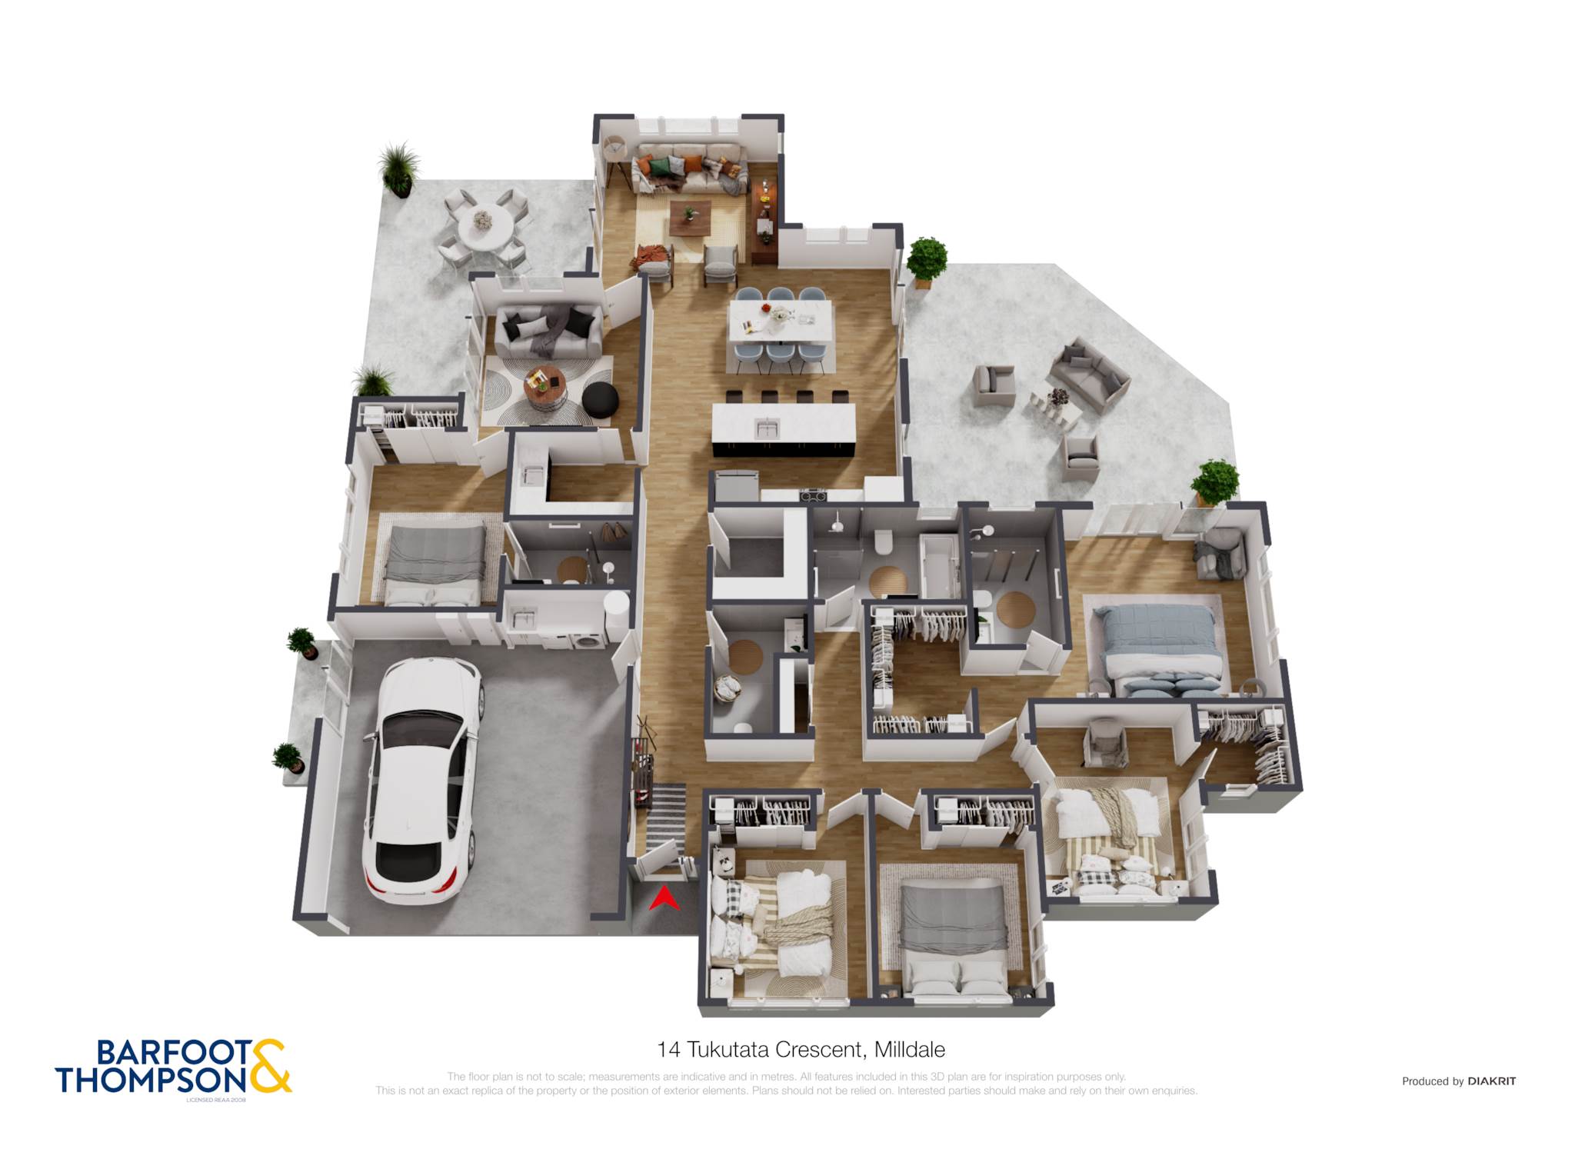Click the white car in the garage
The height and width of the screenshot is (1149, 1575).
[x=423, y=778]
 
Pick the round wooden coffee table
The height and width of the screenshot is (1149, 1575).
[x=544, y=387]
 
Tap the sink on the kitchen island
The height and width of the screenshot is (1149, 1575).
[x=767, y=428]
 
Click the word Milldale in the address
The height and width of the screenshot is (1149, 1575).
[x=910, y=1049]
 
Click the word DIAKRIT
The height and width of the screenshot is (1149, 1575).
[x=1491, y=1081]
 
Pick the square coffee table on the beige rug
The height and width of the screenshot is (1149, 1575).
[x=690, y=218]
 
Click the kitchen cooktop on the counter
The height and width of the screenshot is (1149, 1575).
[x=813, y=495]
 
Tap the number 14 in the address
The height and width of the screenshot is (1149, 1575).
[x=668, y=1049]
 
